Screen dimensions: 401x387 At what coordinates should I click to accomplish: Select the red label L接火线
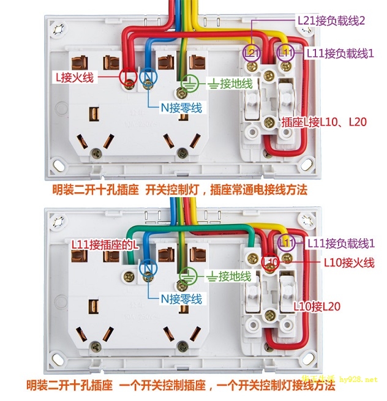(x=74, y=77)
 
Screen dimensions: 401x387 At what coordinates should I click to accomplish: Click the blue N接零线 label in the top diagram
(x=181, y=108)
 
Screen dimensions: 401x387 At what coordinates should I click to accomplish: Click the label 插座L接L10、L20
(x=323, y=122)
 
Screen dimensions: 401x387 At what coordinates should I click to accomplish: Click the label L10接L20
(x=317, y=306)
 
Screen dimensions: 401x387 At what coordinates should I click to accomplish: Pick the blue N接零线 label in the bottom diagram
(x=181, y=299)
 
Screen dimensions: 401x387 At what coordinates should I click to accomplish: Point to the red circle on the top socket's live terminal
(x=129, y=78)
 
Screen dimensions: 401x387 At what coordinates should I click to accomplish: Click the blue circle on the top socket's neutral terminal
(x=149, y=78)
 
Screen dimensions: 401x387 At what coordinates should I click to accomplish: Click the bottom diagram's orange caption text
(x=181, y=386)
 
